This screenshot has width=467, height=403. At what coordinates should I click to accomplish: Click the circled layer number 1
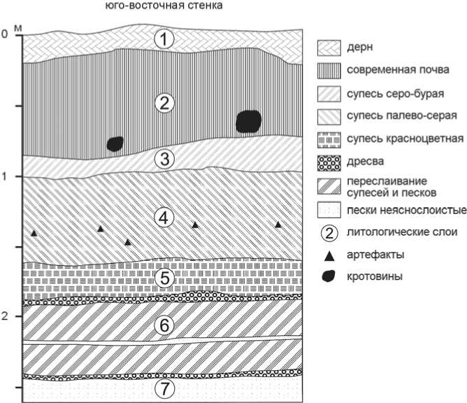(x=163, y=39)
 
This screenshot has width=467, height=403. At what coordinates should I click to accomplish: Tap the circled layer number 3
(x=163, y=159)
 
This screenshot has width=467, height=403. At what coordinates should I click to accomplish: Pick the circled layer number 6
(x=163, y=326)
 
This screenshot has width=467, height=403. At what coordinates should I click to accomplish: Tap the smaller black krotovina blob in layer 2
(x=115, y=144)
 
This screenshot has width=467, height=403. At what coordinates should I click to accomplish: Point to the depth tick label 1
(x=6, y=176)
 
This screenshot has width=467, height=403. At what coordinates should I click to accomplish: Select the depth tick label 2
(x=6, y=316)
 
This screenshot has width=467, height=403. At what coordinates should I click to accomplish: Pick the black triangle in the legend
(x=328, y=255)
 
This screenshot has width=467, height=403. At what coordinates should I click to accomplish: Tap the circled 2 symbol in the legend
(x=328, y=232)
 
